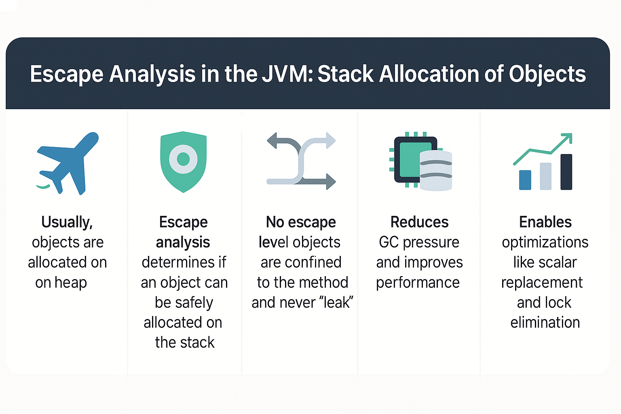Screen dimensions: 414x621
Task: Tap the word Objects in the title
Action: (x=547, y=74)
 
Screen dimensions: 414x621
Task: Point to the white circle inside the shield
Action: (x=183, y=159)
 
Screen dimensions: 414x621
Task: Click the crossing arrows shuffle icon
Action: (x=301, y=161)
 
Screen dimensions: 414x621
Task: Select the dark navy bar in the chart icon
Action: (x=566, y=172)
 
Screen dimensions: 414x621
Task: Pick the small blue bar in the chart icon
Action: (x=525, y=180)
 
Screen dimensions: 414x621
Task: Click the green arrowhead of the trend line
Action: (x=567, y=138)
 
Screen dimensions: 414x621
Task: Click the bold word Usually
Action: (x=67, y=222)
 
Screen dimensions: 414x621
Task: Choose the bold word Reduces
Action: (x=419, y=222)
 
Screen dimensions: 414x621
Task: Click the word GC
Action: (x=389, y=242)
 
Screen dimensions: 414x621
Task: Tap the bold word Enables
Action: (x=545, y=222)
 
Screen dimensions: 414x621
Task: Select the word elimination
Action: (x=545, y=323)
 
